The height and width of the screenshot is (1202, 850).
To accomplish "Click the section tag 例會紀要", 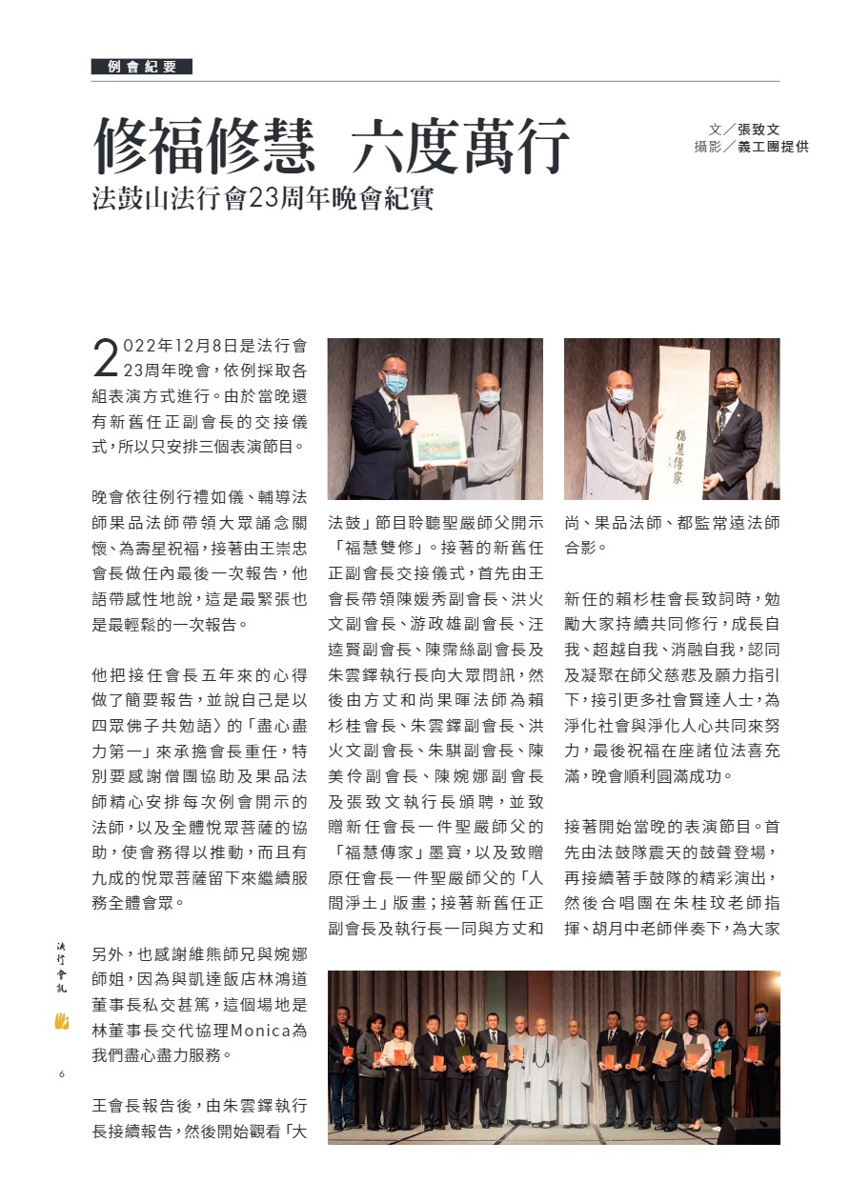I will (x=142, y=67).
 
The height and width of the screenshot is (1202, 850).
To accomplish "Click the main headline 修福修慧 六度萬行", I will (x=331, y=146).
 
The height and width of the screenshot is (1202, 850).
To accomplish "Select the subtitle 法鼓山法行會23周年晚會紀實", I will (x=262, y=199).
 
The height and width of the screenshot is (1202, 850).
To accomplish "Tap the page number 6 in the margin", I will (x=61, y=1074).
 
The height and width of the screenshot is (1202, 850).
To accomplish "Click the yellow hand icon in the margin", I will (x=62, y=1022).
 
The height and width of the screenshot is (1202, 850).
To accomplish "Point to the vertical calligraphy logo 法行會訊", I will (x=62, y=968).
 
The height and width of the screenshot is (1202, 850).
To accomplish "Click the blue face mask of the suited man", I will (x=395, y=383).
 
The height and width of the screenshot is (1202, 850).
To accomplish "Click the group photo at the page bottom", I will (x=553, y=1057).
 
